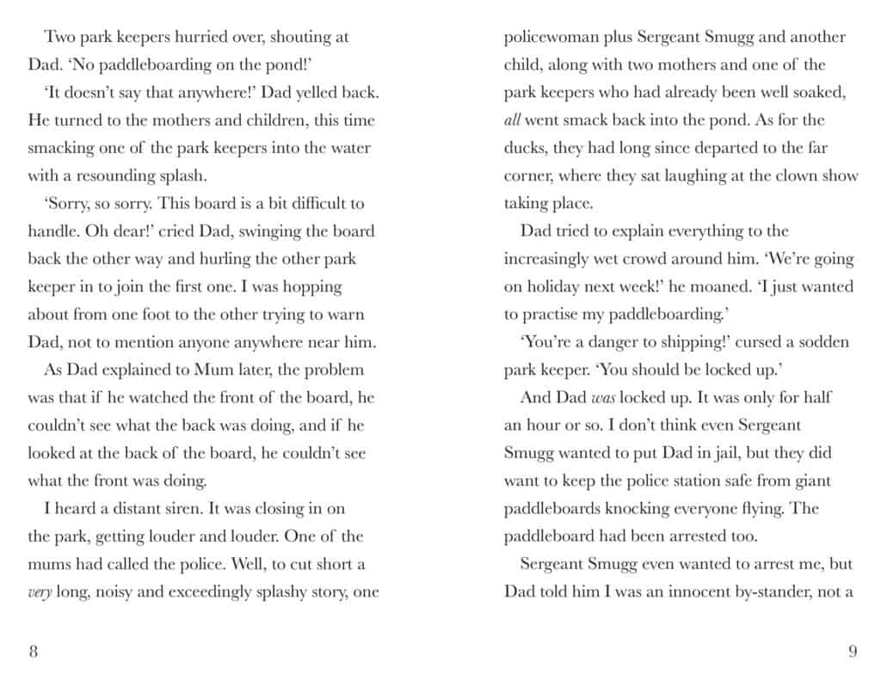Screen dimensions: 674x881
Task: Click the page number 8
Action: (x=33, y=650)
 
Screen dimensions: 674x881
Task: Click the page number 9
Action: (x=852, y=650)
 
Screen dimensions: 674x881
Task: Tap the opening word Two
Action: (x=61, y=37)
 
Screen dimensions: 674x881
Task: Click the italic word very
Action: (x=40, y=592)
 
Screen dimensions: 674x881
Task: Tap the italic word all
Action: (x=512, y=120)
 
